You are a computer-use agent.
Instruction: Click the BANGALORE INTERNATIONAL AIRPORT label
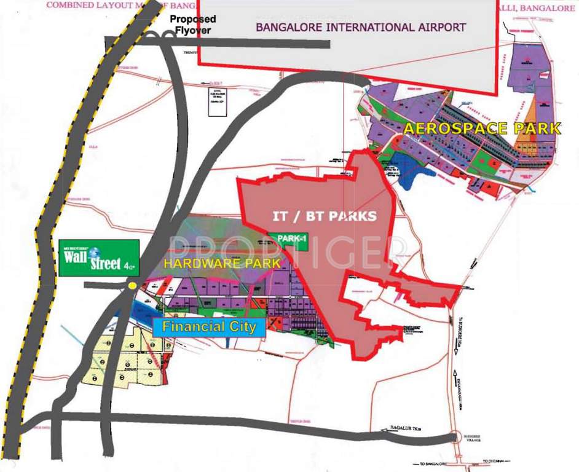(x=361, y=27)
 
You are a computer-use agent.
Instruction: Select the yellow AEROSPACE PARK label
(x=482, y=129)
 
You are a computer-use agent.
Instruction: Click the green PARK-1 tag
(x=289, y=242)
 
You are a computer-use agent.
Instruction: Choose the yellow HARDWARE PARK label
(x=221, y=263)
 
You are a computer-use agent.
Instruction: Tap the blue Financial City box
(x=209, y=326)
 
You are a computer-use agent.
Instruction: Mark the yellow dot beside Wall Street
(x=132, y=286)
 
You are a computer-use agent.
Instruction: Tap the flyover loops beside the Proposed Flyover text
(x=163, y=37)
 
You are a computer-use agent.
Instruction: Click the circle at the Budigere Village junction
(x=455, y=437)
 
